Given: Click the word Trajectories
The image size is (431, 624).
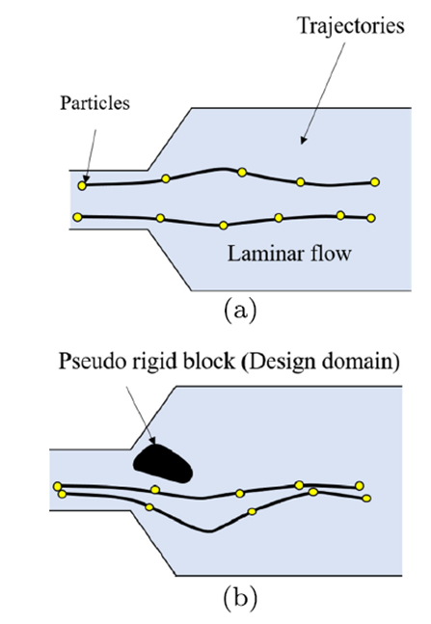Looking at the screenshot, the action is [351, 26].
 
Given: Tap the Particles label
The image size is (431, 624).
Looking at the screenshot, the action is [94, 102].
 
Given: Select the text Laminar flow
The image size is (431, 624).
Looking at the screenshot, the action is [289, 253].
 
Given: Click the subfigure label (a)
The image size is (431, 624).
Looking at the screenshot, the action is [240, 311].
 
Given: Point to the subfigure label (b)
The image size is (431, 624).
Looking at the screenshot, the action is [240, 597].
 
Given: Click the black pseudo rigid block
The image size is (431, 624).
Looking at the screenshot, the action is [163, 464].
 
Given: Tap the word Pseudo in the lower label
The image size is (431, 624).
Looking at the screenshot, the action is [86, 362].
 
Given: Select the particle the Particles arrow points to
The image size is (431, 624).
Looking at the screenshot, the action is [82, 185].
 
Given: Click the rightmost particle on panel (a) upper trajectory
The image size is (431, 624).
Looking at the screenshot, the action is [374, 182].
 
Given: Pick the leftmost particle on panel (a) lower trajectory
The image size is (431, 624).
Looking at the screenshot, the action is [78, 217].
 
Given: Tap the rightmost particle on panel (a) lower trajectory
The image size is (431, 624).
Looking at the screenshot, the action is [371, 218].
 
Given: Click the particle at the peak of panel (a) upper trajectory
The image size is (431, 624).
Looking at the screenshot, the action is [242, 173].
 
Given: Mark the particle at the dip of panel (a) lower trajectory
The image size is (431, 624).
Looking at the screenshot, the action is [224, 226].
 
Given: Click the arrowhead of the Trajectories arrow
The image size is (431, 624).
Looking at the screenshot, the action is [303, 141].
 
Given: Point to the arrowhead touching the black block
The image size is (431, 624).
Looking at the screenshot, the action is [152, 440].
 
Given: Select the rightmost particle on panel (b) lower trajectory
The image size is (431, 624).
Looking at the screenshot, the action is [366, 499].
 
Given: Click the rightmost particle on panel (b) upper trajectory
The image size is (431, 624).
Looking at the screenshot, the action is [360, 485].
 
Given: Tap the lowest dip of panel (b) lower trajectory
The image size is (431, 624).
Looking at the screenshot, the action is [210, 530].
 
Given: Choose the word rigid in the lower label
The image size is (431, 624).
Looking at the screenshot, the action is [139, 362].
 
